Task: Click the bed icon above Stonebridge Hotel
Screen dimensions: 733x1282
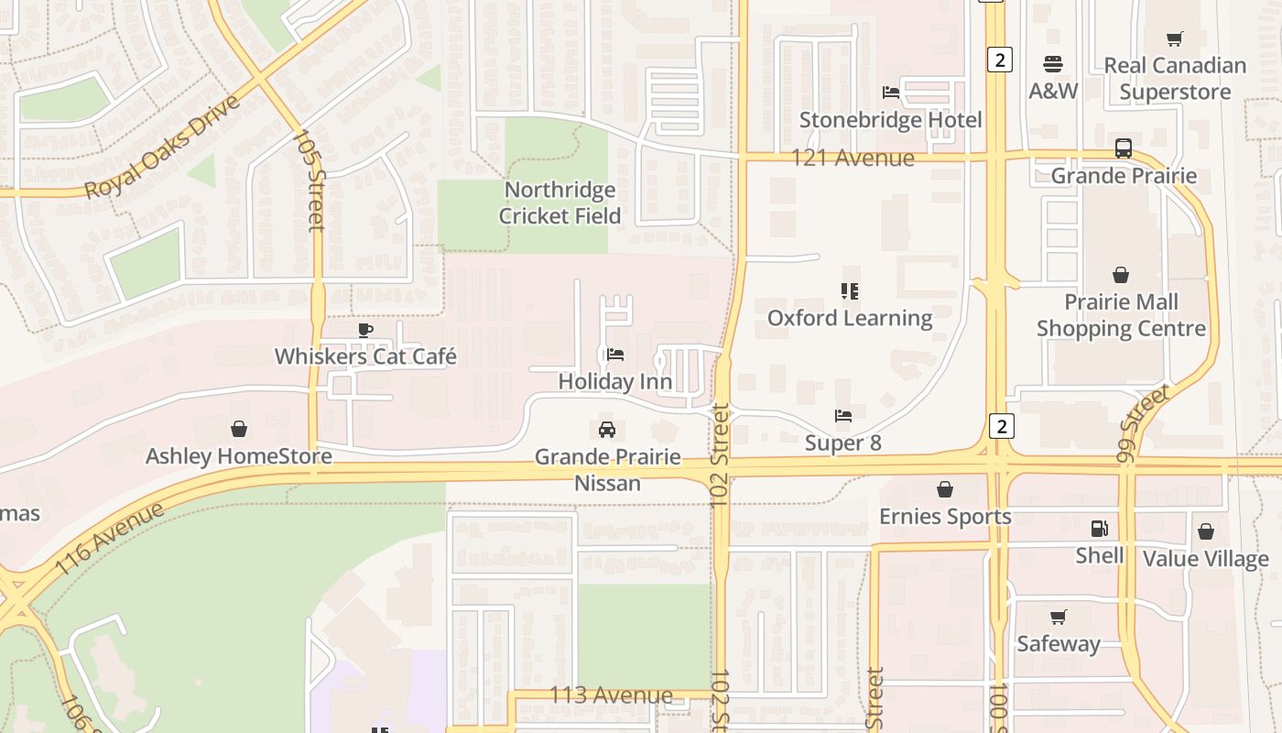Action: point(890,93)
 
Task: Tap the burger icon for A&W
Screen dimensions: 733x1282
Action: point(1053,64)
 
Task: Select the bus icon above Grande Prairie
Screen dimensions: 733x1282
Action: point(1124,148)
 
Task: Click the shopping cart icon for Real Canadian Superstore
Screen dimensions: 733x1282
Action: point(1175,38)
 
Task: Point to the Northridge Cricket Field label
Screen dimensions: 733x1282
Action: point(560,202)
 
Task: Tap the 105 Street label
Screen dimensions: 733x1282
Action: point(309,180)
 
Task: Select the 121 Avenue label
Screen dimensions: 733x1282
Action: point(853,158)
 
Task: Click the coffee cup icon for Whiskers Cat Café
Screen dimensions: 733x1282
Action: point(365,330)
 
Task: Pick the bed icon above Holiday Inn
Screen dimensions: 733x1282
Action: point(615,355)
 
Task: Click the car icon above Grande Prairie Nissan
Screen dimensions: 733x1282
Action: point(606,429)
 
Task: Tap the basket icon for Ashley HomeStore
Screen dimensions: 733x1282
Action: point(239,429)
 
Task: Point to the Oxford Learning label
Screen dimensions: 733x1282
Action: point(850,318)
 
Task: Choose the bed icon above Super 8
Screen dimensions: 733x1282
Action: point(843,416)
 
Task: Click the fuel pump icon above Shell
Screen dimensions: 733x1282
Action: point(1100,529)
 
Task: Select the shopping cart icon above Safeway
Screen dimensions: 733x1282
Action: point(1059,617)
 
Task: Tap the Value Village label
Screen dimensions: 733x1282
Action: point(1205,558)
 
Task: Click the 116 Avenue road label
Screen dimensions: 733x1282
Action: point(110,539)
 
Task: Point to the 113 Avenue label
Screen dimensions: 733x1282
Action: point(611,695)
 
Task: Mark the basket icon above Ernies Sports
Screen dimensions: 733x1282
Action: point(945,489)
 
